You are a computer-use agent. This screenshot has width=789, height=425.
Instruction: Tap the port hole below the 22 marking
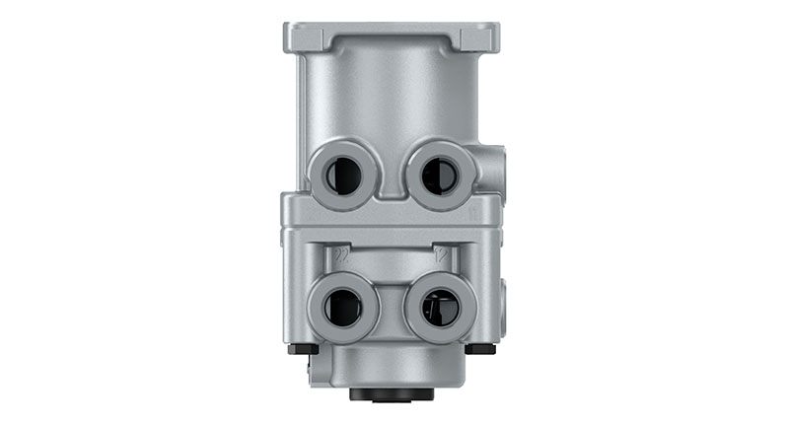tap(342, 308)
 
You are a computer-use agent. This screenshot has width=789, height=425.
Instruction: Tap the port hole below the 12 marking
tap(439, 308)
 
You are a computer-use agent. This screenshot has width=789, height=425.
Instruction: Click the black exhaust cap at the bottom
tap(392, 394)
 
